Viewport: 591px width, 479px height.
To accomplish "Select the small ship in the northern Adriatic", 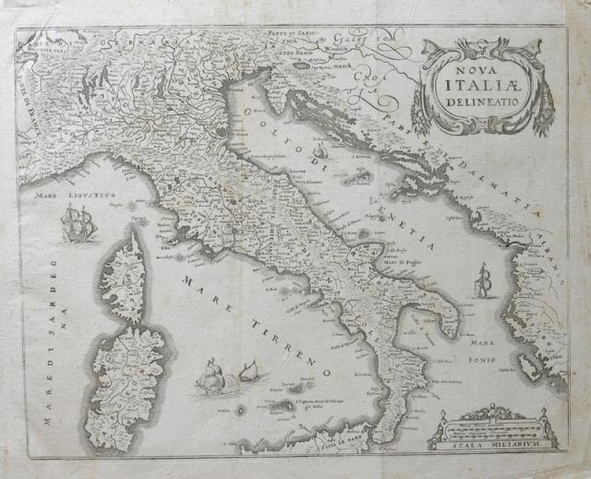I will coord(319,151).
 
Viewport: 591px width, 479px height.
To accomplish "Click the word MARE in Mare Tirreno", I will coord(201,285).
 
